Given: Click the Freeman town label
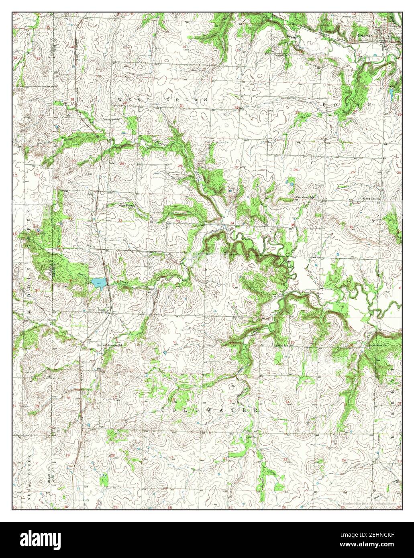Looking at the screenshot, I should (367, 35).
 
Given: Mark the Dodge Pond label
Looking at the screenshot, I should (125, 205).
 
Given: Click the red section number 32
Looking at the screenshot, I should (120, 221).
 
